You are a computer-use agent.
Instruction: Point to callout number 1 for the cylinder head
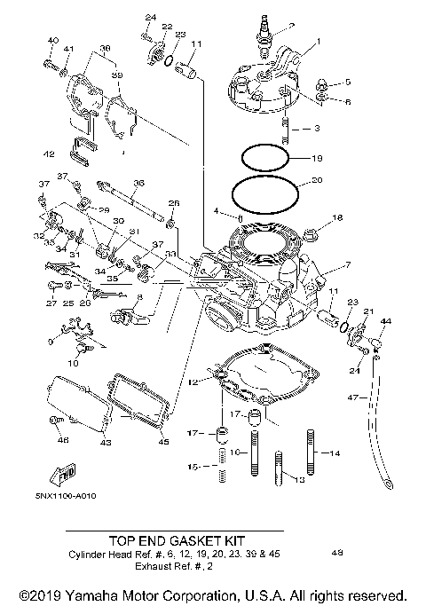(x=319, y=43)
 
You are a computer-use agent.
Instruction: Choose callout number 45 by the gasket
(x=162, y=441)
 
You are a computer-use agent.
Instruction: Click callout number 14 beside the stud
(x=335, y=453)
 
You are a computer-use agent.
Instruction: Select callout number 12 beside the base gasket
(x=193, y=382)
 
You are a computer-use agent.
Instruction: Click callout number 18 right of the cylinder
(x=336, y=217)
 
